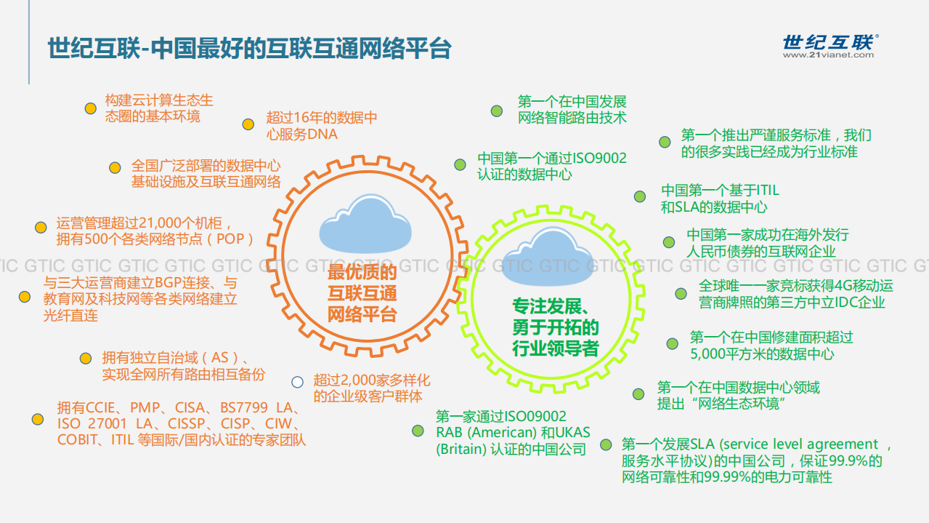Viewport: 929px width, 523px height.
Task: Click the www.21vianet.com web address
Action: tap(829, 55)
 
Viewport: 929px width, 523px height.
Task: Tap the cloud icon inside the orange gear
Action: tap(362, 225)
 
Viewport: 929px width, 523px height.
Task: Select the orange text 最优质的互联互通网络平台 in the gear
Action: tap(362, 294)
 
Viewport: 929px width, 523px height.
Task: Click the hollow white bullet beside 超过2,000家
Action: tap(297, 382)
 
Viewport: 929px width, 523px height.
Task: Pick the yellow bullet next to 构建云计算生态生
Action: tap(90, 108)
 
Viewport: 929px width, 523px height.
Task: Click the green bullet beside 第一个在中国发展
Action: tap(496, 111)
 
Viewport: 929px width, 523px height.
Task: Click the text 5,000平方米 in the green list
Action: tap(726, 354)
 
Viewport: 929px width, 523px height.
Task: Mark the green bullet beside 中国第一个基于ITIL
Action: tap(639, 196)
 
